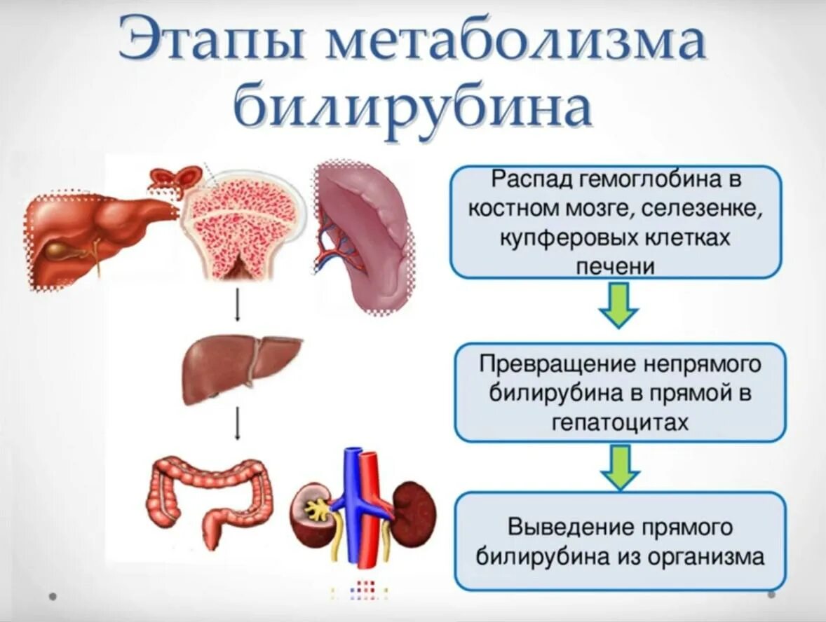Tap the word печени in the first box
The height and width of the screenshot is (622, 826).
(615, 266)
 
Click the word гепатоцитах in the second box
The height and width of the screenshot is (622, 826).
(621, 422)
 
